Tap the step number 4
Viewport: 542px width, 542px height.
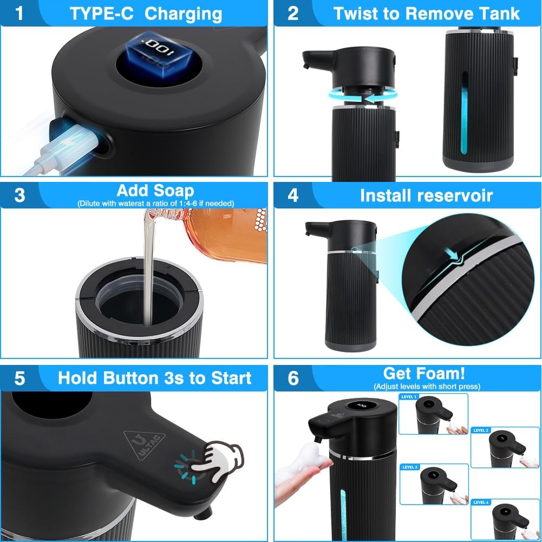pos(293,195)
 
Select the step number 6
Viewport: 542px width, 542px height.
pos(293,378)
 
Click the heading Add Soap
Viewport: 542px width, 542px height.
pos(155,191)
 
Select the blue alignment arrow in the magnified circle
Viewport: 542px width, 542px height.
pos(452,254)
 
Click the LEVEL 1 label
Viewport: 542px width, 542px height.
pos(409,397)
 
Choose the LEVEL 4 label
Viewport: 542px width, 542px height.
pos(481,502)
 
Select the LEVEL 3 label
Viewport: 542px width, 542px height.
pos(410,467)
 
